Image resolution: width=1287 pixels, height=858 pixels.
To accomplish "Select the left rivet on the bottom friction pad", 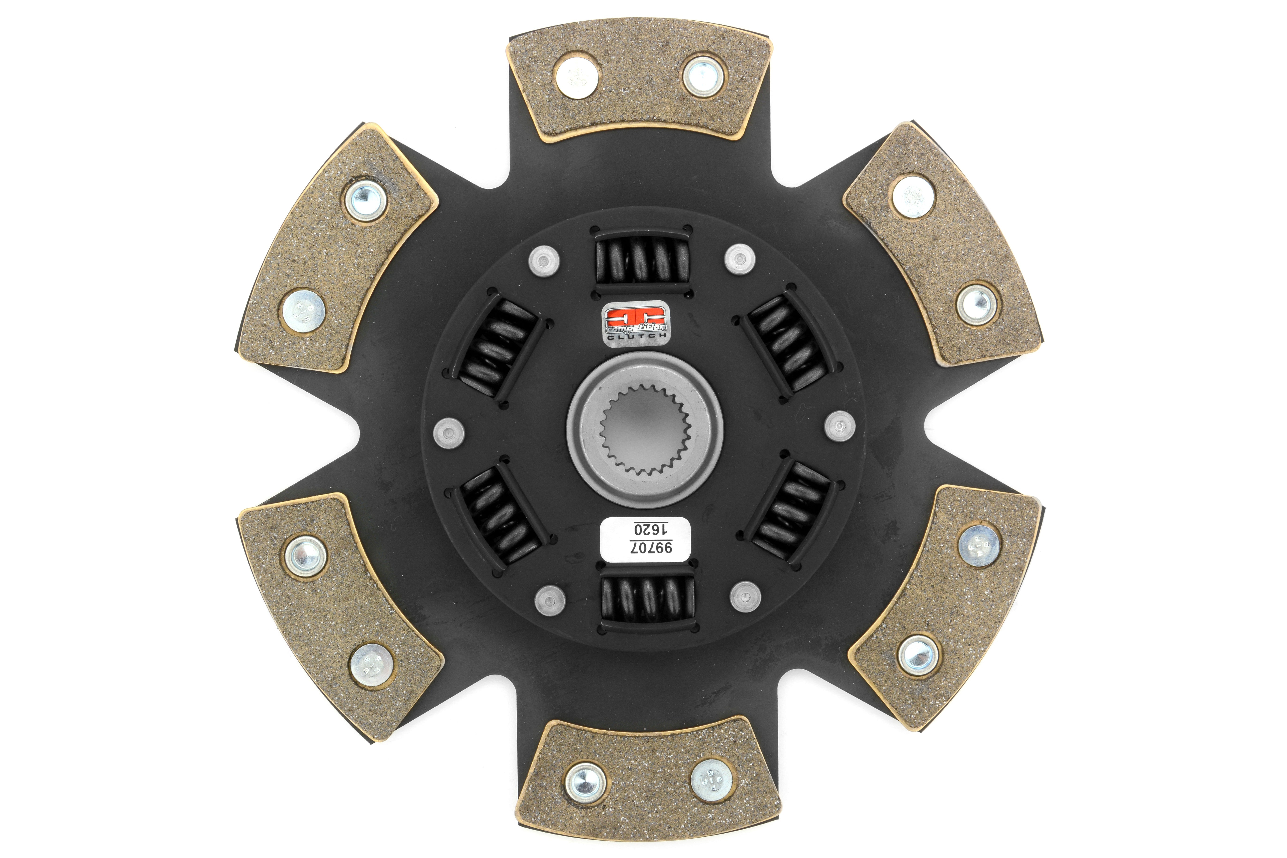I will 586,781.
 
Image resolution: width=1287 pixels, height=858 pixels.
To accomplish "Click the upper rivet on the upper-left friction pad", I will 366,200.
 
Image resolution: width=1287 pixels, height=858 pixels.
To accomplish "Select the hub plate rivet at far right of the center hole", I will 839,426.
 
